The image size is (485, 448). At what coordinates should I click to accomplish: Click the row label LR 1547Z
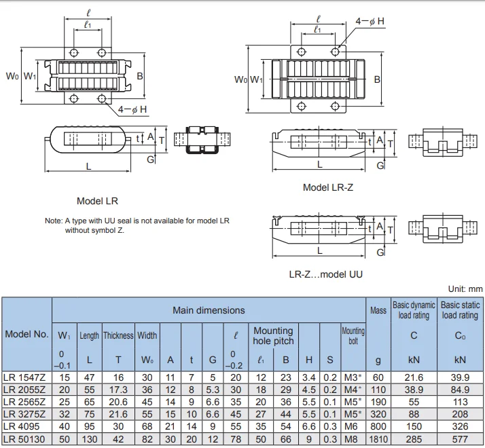coord(25,377)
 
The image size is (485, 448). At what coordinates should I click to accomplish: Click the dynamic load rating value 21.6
coord(413,377)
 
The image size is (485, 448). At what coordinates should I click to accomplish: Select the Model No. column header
coord(26,334)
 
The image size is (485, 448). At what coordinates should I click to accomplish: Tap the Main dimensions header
coord(209,310)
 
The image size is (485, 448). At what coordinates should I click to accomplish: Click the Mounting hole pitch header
coord(272,335)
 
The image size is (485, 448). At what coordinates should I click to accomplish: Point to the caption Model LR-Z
coord(328,187)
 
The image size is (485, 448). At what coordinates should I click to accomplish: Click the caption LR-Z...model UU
coord(326,274)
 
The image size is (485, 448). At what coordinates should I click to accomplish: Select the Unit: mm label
coord(465,289)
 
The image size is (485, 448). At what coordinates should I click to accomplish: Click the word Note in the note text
coord(53,221)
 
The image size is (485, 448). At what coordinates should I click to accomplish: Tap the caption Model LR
coord(97,201)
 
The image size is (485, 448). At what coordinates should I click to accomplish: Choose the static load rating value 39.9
coord(460,377)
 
